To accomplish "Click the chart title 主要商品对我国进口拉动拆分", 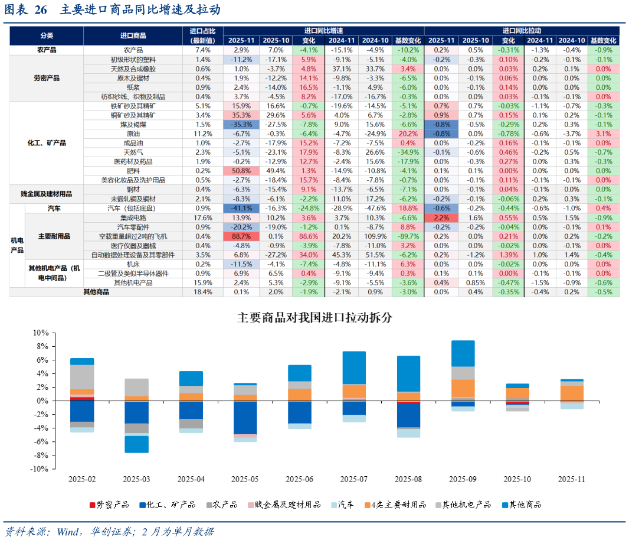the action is pos(314,317).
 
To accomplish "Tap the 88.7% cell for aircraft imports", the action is pos(241,236).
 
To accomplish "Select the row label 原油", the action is pos(133,134).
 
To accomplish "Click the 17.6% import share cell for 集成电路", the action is pos(203,218).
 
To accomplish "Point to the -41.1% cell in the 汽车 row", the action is pos(241,208).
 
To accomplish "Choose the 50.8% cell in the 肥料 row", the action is pos(241,171).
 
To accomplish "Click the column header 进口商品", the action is pos(133,36).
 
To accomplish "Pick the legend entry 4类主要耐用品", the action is pos(395,505).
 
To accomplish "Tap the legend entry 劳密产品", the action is pos(109,505).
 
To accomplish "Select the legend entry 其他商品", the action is pos(522,505).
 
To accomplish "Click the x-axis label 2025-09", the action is pos(463,479).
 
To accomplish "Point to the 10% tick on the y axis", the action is pos(41,333).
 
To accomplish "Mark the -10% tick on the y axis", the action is pos(39,469).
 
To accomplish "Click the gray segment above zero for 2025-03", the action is pos(136,388).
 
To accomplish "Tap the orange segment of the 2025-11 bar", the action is pos(572,393).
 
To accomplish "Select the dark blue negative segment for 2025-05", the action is pos(245,418).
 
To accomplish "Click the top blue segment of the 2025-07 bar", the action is pos(354,368).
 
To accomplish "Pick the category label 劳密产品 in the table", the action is pos(47,78).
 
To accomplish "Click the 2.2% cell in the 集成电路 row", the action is pos(441,218).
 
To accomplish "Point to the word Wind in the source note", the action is pos(68,532).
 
